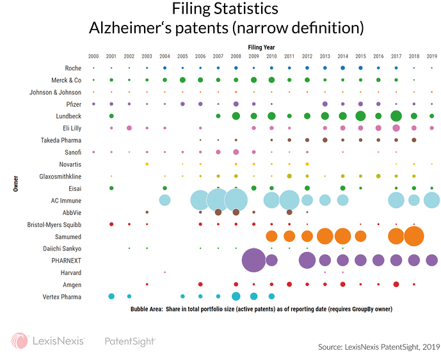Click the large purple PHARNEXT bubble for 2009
[254, 260]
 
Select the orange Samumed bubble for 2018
[413, 236]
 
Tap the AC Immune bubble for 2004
[164, 200]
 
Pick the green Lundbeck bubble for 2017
[396, 116]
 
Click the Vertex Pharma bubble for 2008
[236, 296]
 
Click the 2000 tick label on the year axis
[93, 56]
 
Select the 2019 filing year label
[431, 56]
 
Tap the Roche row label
[72, 68]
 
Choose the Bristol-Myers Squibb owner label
[53, 224]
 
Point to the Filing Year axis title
[262, 47]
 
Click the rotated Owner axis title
[15, 182]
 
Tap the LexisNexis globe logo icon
[19, 341]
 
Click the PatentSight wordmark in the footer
[130, 342]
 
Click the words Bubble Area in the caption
[148, 309]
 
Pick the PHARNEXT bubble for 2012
[307, 260]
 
